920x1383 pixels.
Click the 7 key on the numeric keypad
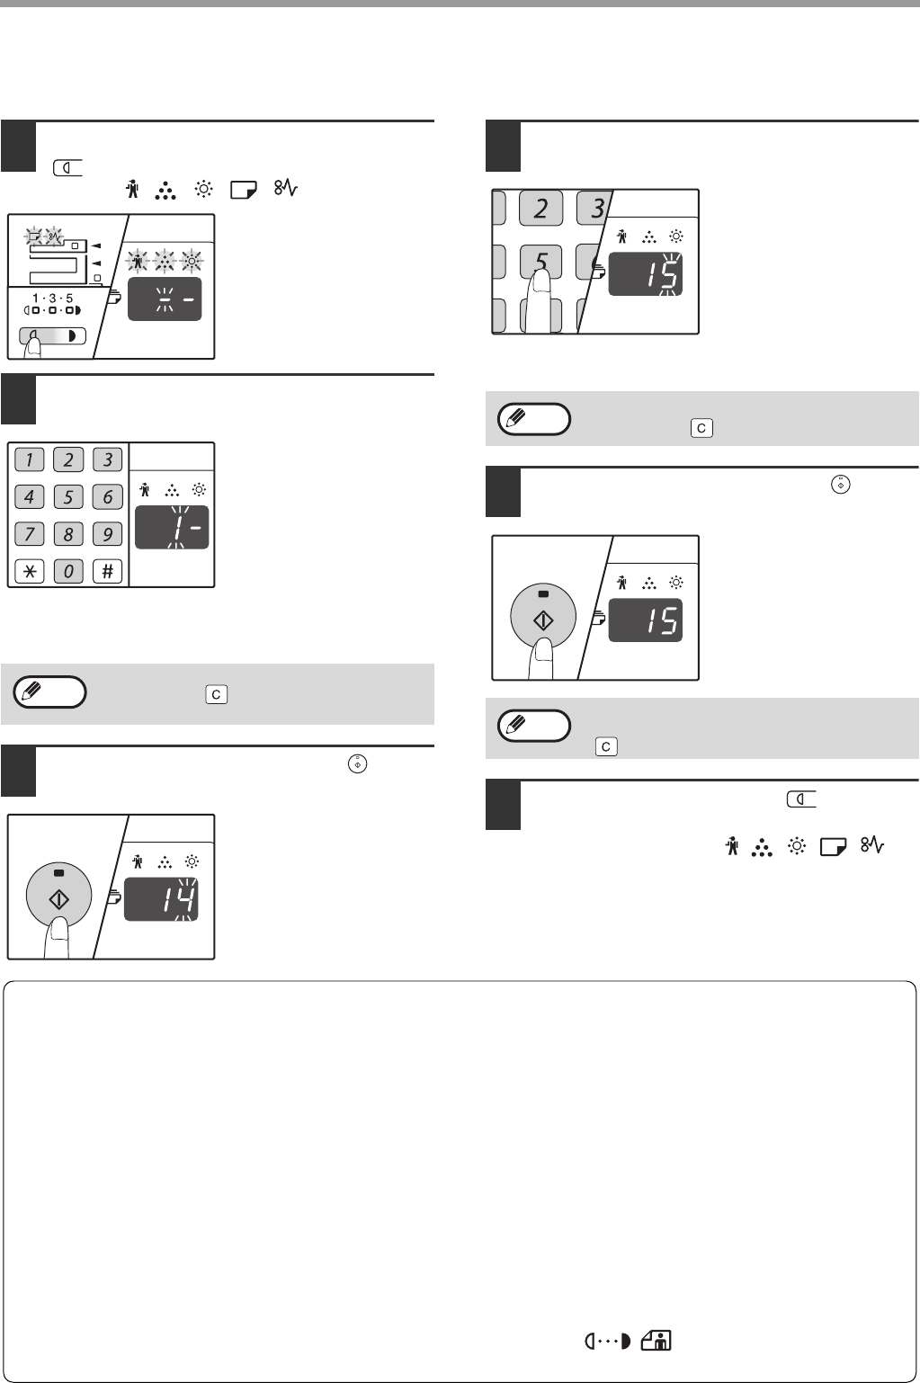29,534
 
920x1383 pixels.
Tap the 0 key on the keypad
68,571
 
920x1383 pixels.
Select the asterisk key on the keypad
29,571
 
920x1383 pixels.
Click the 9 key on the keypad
107,534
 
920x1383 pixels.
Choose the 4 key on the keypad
29,496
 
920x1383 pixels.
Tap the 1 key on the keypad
29,460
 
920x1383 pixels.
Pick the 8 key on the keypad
68,534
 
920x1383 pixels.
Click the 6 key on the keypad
107,496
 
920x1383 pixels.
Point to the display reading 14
161,899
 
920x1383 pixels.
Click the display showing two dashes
165,299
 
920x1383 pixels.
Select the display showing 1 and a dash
172,527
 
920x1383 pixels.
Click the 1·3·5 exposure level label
52,299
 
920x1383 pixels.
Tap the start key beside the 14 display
58,896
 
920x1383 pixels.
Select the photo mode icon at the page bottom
656,1341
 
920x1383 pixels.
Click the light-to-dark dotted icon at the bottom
608,1342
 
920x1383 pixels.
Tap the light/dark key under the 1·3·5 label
52,336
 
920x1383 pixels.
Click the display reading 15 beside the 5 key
645,274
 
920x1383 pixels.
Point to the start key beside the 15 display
543,616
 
